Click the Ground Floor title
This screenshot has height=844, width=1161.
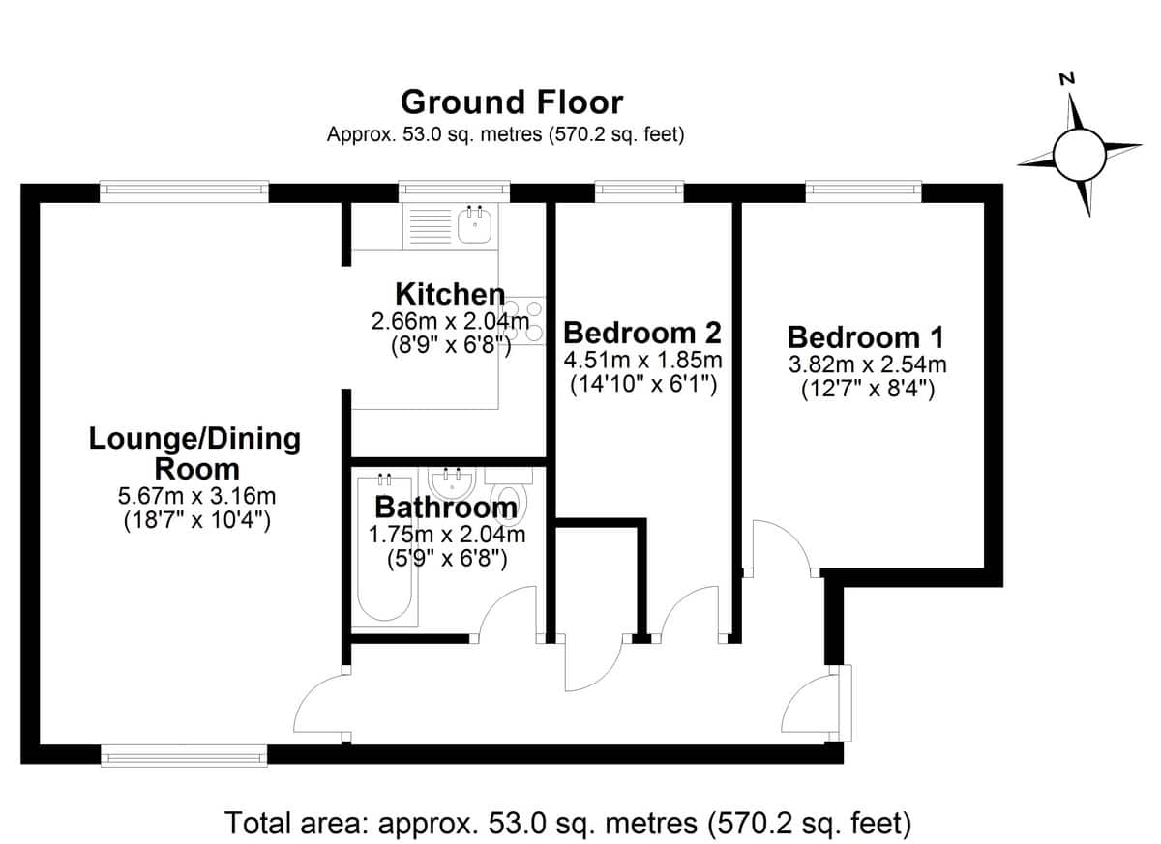[x=512, y=102]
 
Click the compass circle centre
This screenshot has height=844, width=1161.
[x=1080, y=155]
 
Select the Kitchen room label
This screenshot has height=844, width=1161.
[x=450, y=294]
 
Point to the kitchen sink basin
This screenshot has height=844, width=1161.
[x=474, y=226]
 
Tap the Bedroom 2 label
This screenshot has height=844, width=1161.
[x=642, y=333]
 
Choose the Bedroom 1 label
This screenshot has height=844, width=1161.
[x=866, y=337]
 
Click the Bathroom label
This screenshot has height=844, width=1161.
[x=446, y=507]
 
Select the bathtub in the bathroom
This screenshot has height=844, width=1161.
[x=385, y=548]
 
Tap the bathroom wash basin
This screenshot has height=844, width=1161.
[x=452, y=483]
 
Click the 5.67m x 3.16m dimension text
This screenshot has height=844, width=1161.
[x=197, y=497]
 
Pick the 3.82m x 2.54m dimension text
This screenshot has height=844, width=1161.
[x=868, y=365]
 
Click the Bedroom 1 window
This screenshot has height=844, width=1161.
[x=863, y=191]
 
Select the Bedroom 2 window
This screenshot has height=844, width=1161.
[x=640, y=191]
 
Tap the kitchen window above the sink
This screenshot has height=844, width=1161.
[x=454, y=191]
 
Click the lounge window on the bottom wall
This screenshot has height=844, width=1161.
[x=184, y=755]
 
